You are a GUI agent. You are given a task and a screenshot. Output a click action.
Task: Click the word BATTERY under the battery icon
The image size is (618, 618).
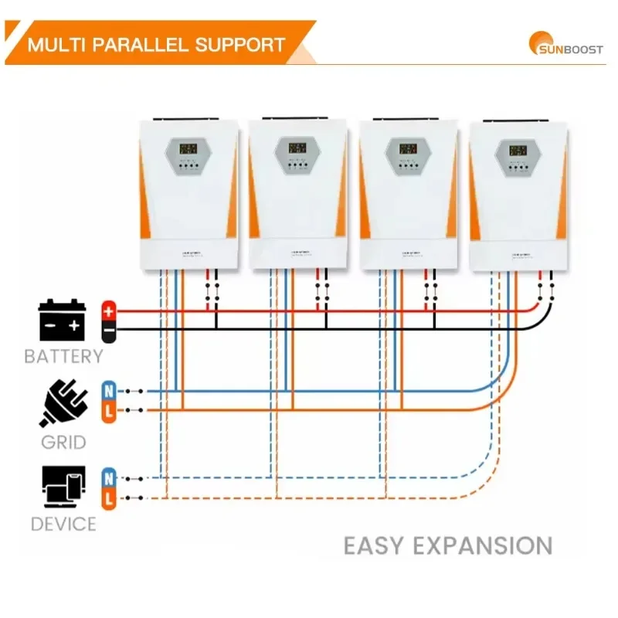pos(63,356)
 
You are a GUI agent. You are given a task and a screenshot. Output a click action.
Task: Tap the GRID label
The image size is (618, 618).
pos(64,443)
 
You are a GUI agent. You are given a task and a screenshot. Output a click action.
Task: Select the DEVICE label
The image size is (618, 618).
pos(63,524)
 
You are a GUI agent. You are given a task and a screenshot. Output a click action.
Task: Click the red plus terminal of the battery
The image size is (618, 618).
pos(109,311)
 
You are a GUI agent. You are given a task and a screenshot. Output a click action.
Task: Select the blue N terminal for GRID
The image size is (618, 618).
pos(109,391)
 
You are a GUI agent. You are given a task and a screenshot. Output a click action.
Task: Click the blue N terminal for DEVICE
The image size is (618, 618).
pos(109,477)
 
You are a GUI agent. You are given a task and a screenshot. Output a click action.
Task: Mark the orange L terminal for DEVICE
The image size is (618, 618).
pos(109,498)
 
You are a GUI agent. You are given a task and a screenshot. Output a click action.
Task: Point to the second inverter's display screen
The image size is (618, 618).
pos(297,147)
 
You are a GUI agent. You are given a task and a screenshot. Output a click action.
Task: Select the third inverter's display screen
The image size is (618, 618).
pos(407,148)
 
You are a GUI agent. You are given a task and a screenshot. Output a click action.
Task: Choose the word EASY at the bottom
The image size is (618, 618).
pos(373,545)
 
